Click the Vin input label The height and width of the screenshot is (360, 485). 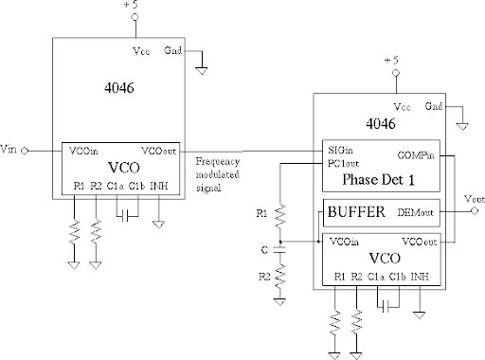(x=9, y=150)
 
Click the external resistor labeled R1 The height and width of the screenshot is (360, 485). (x=278, y=218)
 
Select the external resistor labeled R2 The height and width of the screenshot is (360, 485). (x=278, y=281)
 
